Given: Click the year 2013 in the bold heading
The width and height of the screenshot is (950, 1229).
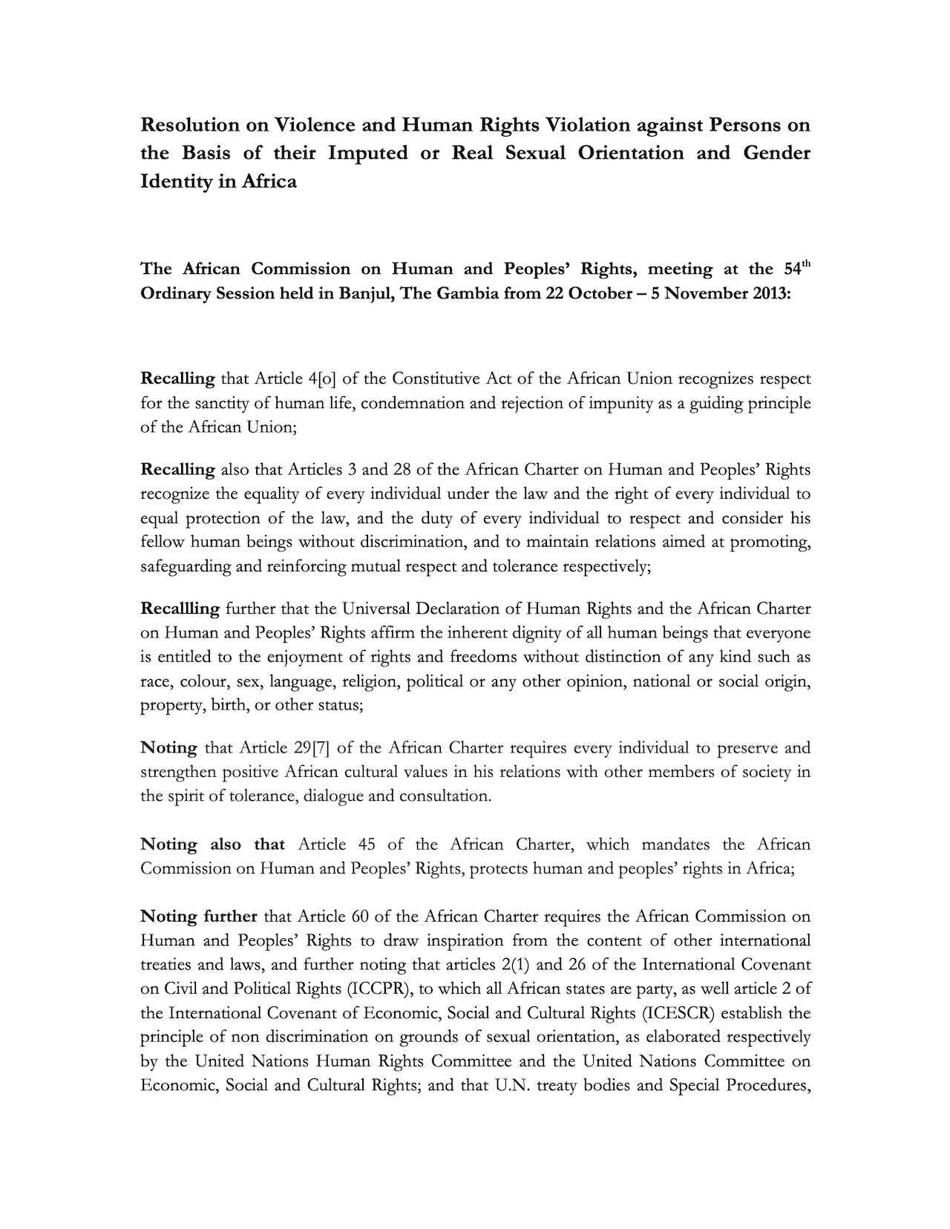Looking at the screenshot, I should tap(769, 293).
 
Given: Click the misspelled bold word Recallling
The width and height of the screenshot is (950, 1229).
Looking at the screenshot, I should tap(180, 609).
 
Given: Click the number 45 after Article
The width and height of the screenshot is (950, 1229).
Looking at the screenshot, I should tap(366, 845).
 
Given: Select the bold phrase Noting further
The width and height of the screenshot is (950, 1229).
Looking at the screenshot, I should tap(199, 917).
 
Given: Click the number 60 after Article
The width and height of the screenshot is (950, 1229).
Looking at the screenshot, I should tap(360, 917).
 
